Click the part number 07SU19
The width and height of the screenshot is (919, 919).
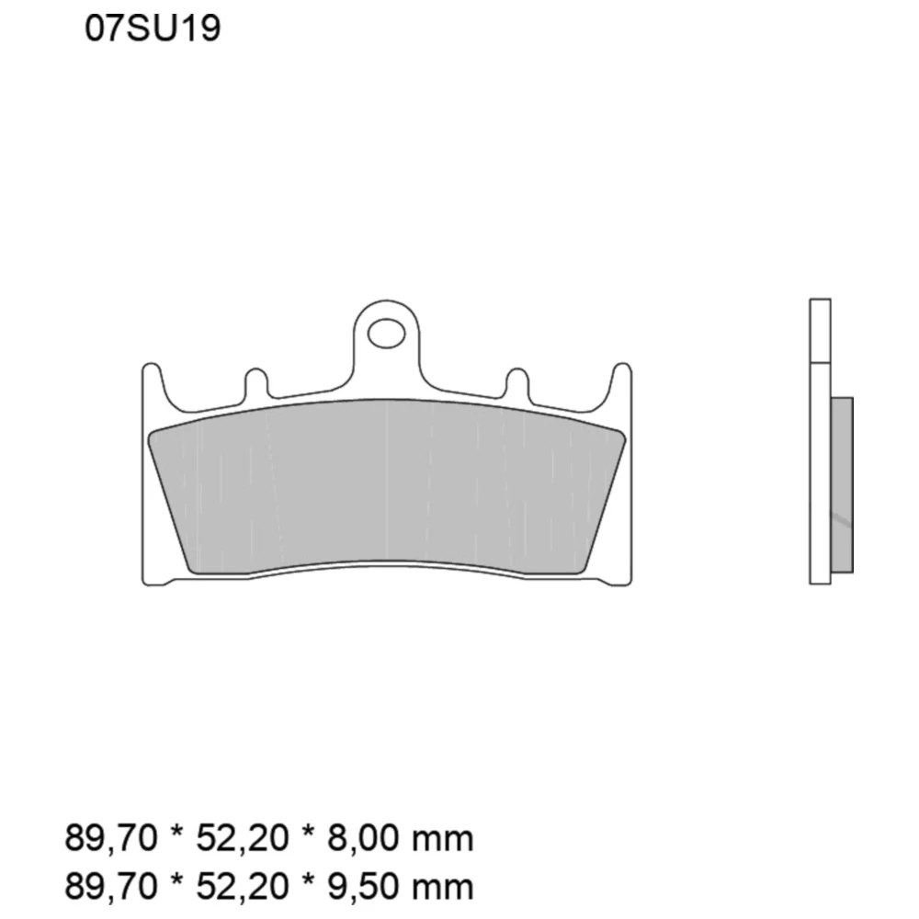153,29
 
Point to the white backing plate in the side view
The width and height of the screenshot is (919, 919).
820,441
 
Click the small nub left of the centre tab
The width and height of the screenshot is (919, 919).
255,384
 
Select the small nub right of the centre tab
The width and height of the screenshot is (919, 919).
517,384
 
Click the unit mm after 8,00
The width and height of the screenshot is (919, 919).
443,839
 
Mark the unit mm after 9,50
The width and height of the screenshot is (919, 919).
443,887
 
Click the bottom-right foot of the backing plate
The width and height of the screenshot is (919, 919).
618,580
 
